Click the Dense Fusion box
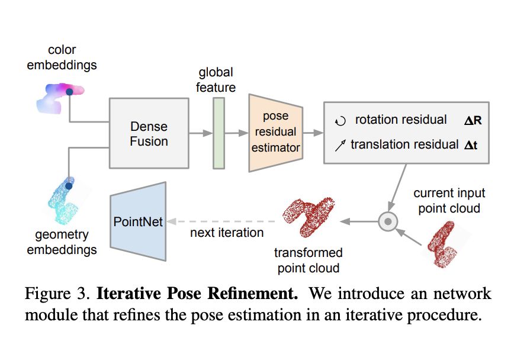click(x=149, y=134)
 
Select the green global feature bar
click(x=219, y=133)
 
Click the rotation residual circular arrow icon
click(x=339, y=121)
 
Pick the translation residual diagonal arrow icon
click(x=339, y=144)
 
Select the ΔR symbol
click(x=473, y=121)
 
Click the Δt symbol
click(x=471, y=144)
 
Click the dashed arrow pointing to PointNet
click(x=225, y=221)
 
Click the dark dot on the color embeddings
click(x=69, y=92)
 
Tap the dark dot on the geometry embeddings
click(x=69, y=186)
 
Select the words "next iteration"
click(x=227, y=233)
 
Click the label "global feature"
click(x=216, y=80)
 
